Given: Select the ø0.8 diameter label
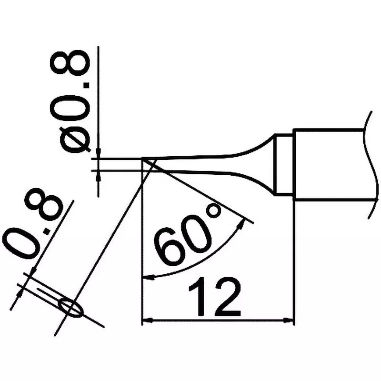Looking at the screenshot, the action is click(70, 102).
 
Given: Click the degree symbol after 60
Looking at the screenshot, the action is click(214, 211).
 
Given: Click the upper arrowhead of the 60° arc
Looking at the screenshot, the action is click(241, 223).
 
